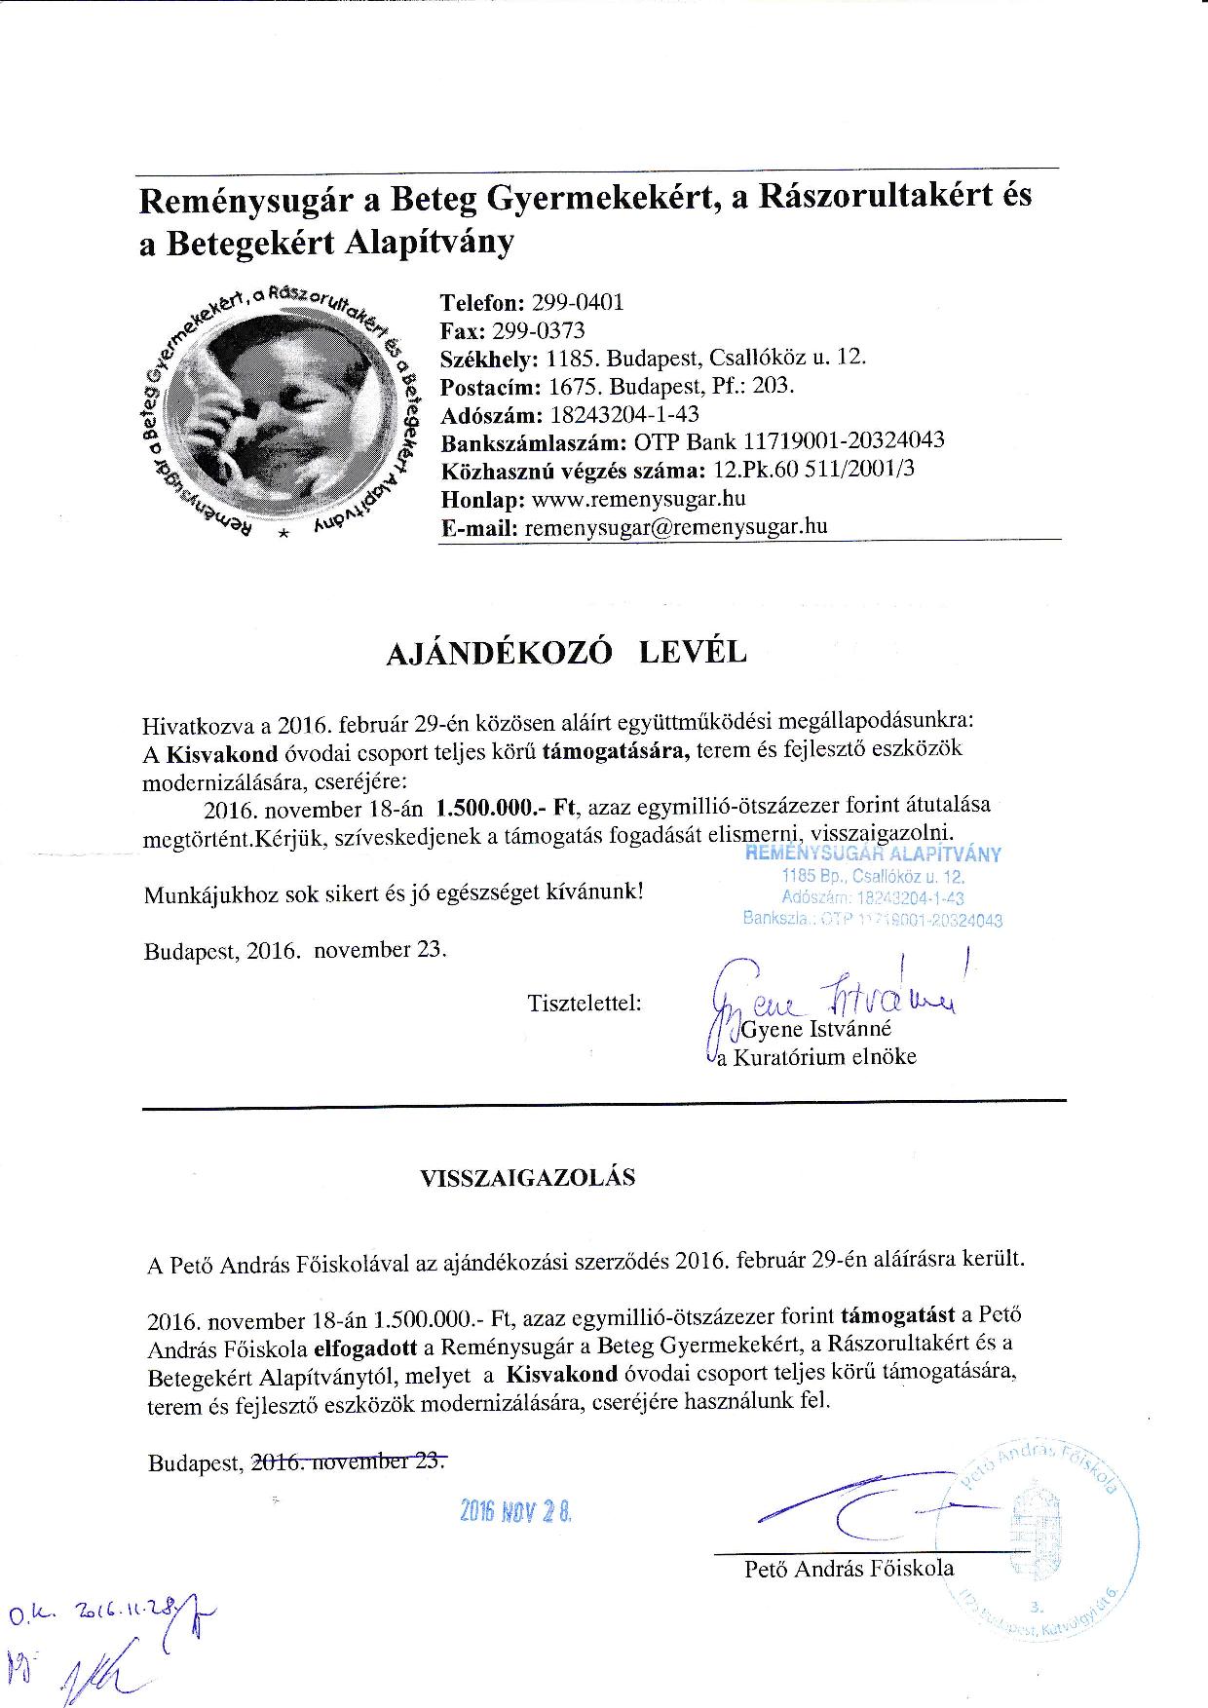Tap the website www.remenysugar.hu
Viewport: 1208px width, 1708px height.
pyautogui.click(x=638, y=499)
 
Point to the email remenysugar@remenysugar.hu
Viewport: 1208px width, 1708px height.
pyautogui.click(x=676, y=527)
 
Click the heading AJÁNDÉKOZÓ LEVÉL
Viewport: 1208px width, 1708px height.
pyautogui.click(x=566, y=653)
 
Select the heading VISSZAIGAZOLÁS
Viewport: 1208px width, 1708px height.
pyautogui.click(x=527, y=1177)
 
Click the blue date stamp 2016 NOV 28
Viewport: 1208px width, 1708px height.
pyautogui.click(x=516, y=1511)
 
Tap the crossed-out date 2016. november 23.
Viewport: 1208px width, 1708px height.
pyautogui.click(x=349, y=1461)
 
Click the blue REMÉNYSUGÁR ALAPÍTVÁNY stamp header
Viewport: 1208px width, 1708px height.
pyautogui.click(x=873, y=854)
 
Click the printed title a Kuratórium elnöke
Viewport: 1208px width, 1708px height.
pyautogui.click(x=816, y=1056)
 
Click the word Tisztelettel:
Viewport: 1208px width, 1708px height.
pyautogui.click(x=585, y=1002)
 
